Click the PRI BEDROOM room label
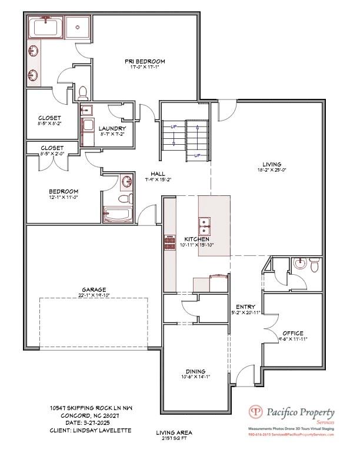coord(144,61)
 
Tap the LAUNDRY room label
coord(112,128)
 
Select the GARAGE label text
coord(94,289)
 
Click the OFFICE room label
coord(292,333)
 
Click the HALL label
coord(158,174)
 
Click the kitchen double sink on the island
coord(205,225)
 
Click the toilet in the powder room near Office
coord(315,267)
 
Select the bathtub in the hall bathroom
coord(118,215)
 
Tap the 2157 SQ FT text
coord(174,439)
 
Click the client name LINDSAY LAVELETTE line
coord(91,431)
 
